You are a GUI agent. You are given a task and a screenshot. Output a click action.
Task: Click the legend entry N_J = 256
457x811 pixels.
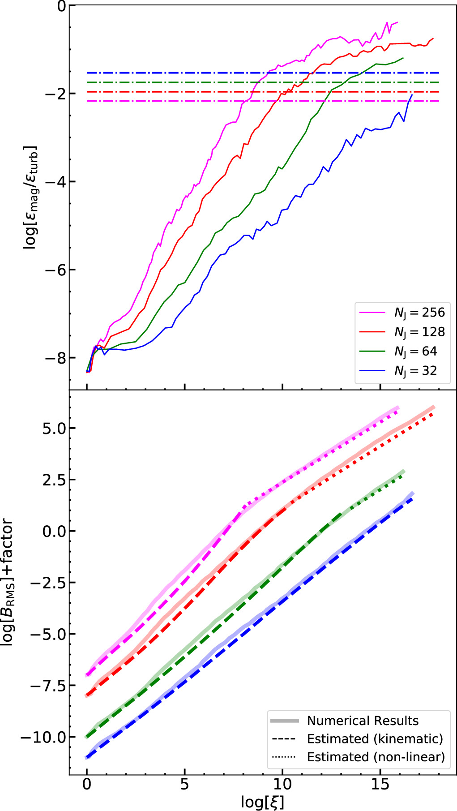click(419, 313)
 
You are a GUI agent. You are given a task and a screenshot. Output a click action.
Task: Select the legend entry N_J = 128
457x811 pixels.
click(419, 332)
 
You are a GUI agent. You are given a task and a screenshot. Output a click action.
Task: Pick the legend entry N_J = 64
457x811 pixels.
click(415, 352)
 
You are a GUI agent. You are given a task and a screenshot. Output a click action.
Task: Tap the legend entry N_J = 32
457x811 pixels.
click(415, 371)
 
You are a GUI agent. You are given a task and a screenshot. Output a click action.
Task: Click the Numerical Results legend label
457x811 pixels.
click(363, 721)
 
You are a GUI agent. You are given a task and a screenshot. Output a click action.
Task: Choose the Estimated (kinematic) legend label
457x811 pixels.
click(375, 738)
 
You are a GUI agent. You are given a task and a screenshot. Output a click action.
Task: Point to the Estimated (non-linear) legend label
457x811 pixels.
click(376, 757)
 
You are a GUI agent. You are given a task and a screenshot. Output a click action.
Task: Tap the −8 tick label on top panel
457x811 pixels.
click(54, 358)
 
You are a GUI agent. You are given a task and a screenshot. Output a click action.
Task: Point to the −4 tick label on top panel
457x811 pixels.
click(54, 182)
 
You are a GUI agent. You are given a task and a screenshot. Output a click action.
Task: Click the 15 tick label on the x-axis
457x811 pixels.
click(380, 784)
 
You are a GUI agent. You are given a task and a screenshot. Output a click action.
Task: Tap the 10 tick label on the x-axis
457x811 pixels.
click(282, 784)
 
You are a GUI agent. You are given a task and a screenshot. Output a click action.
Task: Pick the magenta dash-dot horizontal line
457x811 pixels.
click(179, 101)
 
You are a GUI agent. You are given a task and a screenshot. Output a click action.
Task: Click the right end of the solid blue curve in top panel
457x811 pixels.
click(411, 95)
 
